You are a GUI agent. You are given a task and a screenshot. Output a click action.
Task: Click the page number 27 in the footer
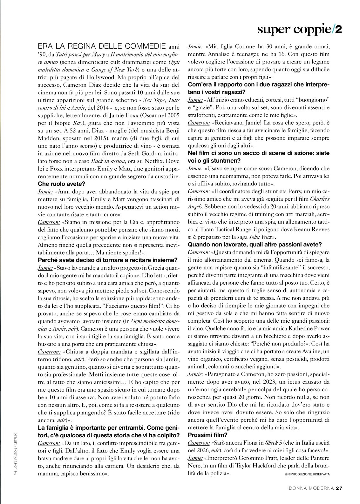tap(338, 488)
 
